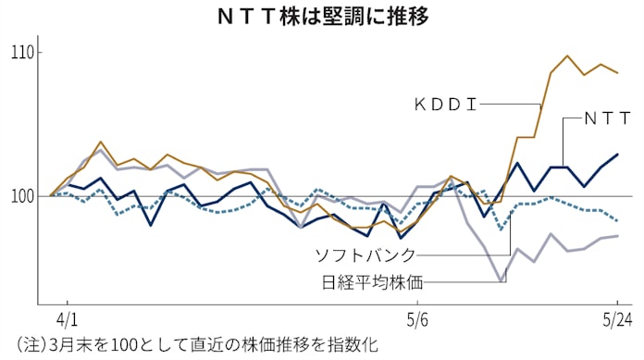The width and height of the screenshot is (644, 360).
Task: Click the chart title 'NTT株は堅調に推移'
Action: [321, 16]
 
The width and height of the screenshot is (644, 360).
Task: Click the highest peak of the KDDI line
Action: [567, 56]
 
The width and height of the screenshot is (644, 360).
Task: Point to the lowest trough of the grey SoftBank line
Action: [501, 280]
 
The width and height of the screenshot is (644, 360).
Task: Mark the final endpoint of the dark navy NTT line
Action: [617, 155]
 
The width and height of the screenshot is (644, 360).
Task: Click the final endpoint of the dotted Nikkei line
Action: [617, 220]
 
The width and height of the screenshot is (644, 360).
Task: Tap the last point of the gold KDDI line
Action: [617, 72]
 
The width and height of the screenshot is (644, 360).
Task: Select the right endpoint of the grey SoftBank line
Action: [617, 236]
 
